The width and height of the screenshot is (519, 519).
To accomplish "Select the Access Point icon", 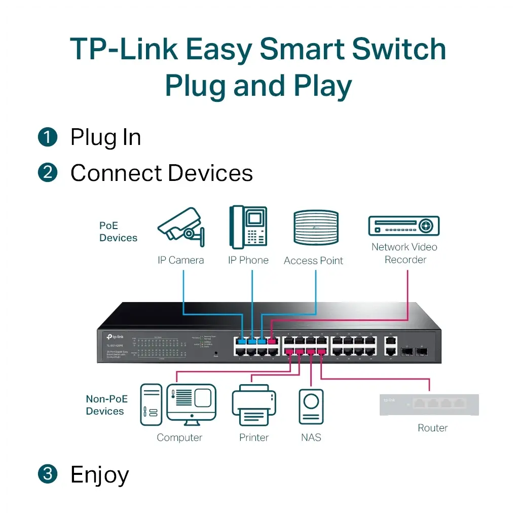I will (x=316, y=228).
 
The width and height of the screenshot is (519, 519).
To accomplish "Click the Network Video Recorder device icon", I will (x=403, y=226).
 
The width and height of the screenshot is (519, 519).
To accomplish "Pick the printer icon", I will (x=254, y=405).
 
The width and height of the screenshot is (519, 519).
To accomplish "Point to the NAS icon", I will (x=311, y=406).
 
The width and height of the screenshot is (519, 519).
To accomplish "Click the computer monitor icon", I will (x=191, y=403).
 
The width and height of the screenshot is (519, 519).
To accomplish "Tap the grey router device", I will (x=429, y=405).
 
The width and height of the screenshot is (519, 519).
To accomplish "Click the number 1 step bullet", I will (x=48, y=138).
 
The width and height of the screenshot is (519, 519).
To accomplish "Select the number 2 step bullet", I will (x=48, y=173).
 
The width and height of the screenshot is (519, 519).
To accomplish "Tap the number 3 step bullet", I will (x=48, y=474).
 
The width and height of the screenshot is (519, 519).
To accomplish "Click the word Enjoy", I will (x=100, y=475).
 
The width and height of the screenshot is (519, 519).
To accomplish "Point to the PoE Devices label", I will (x=118, y=232).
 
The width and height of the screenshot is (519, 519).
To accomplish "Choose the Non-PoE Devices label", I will (x=106, y=405).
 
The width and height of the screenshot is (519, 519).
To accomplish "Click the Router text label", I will (x=432, y=428).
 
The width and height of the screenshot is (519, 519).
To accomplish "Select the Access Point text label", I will (x=313, y=261).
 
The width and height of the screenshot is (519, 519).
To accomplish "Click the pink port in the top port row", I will (x=272, y=341).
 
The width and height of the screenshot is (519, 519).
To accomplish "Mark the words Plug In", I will (x=105, y=138).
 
